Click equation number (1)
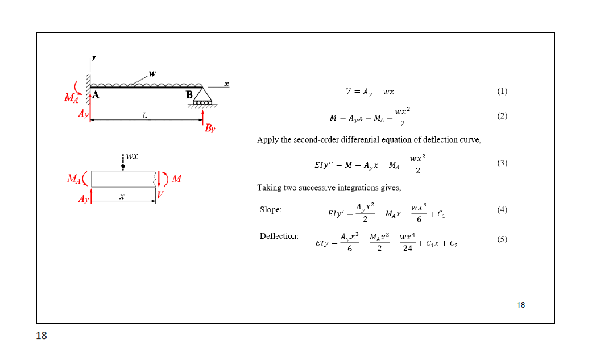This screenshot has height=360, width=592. coord(502,91)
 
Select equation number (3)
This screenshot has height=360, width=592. coord(502,163)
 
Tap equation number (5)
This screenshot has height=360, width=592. coord(502,239)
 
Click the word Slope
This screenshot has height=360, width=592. coord(271,210)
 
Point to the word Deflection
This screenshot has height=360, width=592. coord(279,236)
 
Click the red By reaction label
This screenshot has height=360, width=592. coord(210,129)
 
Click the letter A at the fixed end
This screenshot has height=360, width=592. coord(96,95)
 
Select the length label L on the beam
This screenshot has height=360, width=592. coord(145,116)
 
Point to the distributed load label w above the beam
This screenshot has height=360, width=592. coord(151,73)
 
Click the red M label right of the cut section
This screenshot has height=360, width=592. coord(176,179)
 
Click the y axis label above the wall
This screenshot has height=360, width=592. coord(93,57)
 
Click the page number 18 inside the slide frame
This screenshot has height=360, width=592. coord(521,305)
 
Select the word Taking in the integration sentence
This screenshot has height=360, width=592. coord(270,188)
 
